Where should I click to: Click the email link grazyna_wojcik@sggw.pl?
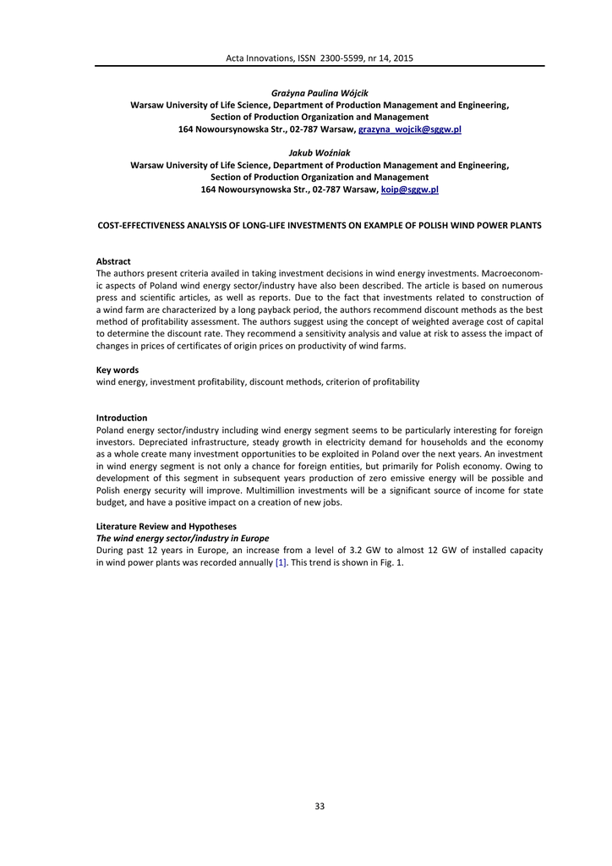[x=410, y=129]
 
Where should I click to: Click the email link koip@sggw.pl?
[x=410, y=190]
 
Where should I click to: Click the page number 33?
[x=320, y=806]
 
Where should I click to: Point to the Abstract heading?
[x=113, y=261]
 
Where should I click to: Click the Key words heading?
[x=117, y=370]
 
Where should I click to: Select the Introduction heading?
[x=122, y=418]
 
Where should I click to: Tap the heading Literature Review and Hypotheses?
[x=167, y=526]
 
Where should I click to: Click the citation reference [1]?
[x=281, y=563]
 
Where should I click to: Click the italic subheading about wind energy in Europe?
[x=183, y=538]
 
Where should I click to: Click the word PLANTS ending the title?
[x=524, y=226]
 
